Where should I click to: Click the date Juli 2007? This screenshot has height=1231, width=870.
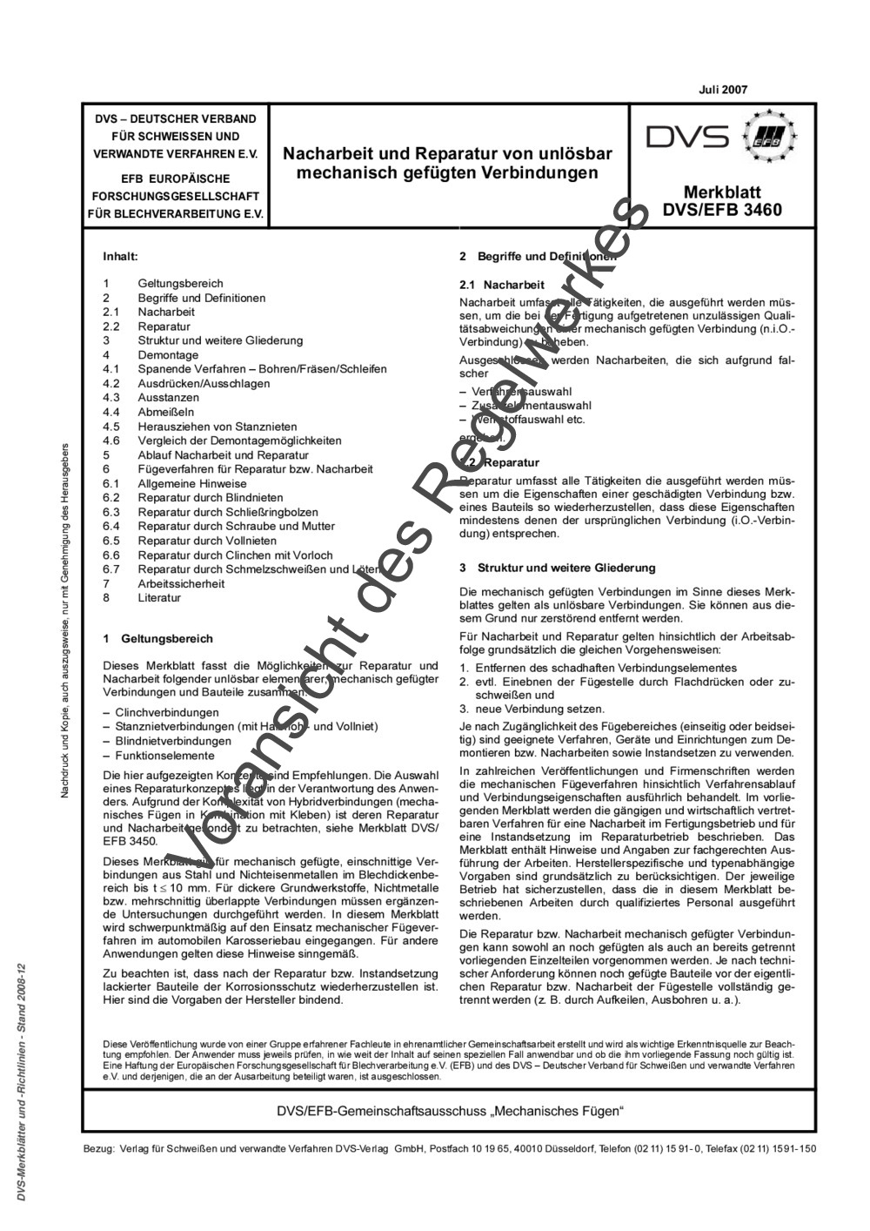click(722, 90)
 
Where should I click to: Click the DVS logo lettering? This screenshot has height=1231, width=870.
click(686, 138)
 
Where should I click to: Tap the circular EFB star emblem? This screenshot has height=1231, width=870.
click(768, 137)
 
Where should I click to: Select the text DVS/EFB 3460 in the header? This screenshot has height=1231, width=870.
click(722, 210)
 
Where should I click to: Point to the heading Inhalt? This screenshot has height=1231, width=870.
click(121, 257)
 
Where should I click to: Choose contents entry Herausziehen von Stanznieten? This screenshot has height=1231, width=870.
click(217, 427)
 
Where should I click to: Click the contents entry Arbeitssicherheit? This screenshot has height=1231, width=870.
click(181, 583)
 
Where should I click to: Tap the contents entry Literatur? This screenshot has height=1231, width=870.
click(159, 598)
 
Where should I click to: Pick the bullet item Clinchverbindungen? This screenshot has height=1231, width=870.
click(167, 712)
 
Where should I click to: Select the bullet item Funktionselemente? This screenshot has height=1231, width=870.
click(164, 756)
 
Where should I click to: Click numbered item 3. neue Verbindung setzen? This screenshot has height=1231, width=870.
click(535, 709)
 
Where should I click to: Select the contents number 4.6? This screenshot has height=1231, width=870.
click(110, 441)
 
